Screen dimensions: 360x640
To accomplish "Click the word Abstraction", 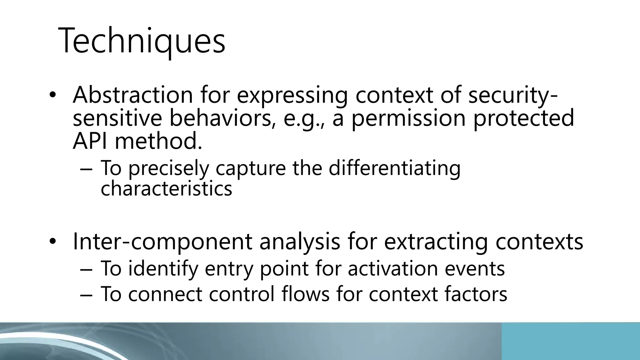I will [133, 95].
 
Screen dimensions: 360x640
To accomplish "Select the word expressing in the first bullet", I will [292, 95].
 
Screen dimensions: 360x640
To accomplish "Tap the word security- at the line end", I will [512, 95].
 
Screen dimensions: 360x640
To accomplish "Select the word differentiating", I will [394, 168].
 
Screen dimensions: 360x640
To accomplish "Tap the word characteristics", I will [166, 189].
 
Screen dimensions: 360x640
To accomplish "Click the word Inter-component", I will [162, 242].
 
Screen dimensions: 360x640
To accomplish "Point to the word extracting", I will [436, 242].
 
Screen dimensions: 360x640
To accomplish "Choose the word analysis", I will [300, 242].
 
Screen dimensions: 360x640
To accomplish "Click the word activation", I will [392, 269].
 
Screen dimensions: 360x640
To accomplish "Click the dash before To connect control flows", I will [87, 294].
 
